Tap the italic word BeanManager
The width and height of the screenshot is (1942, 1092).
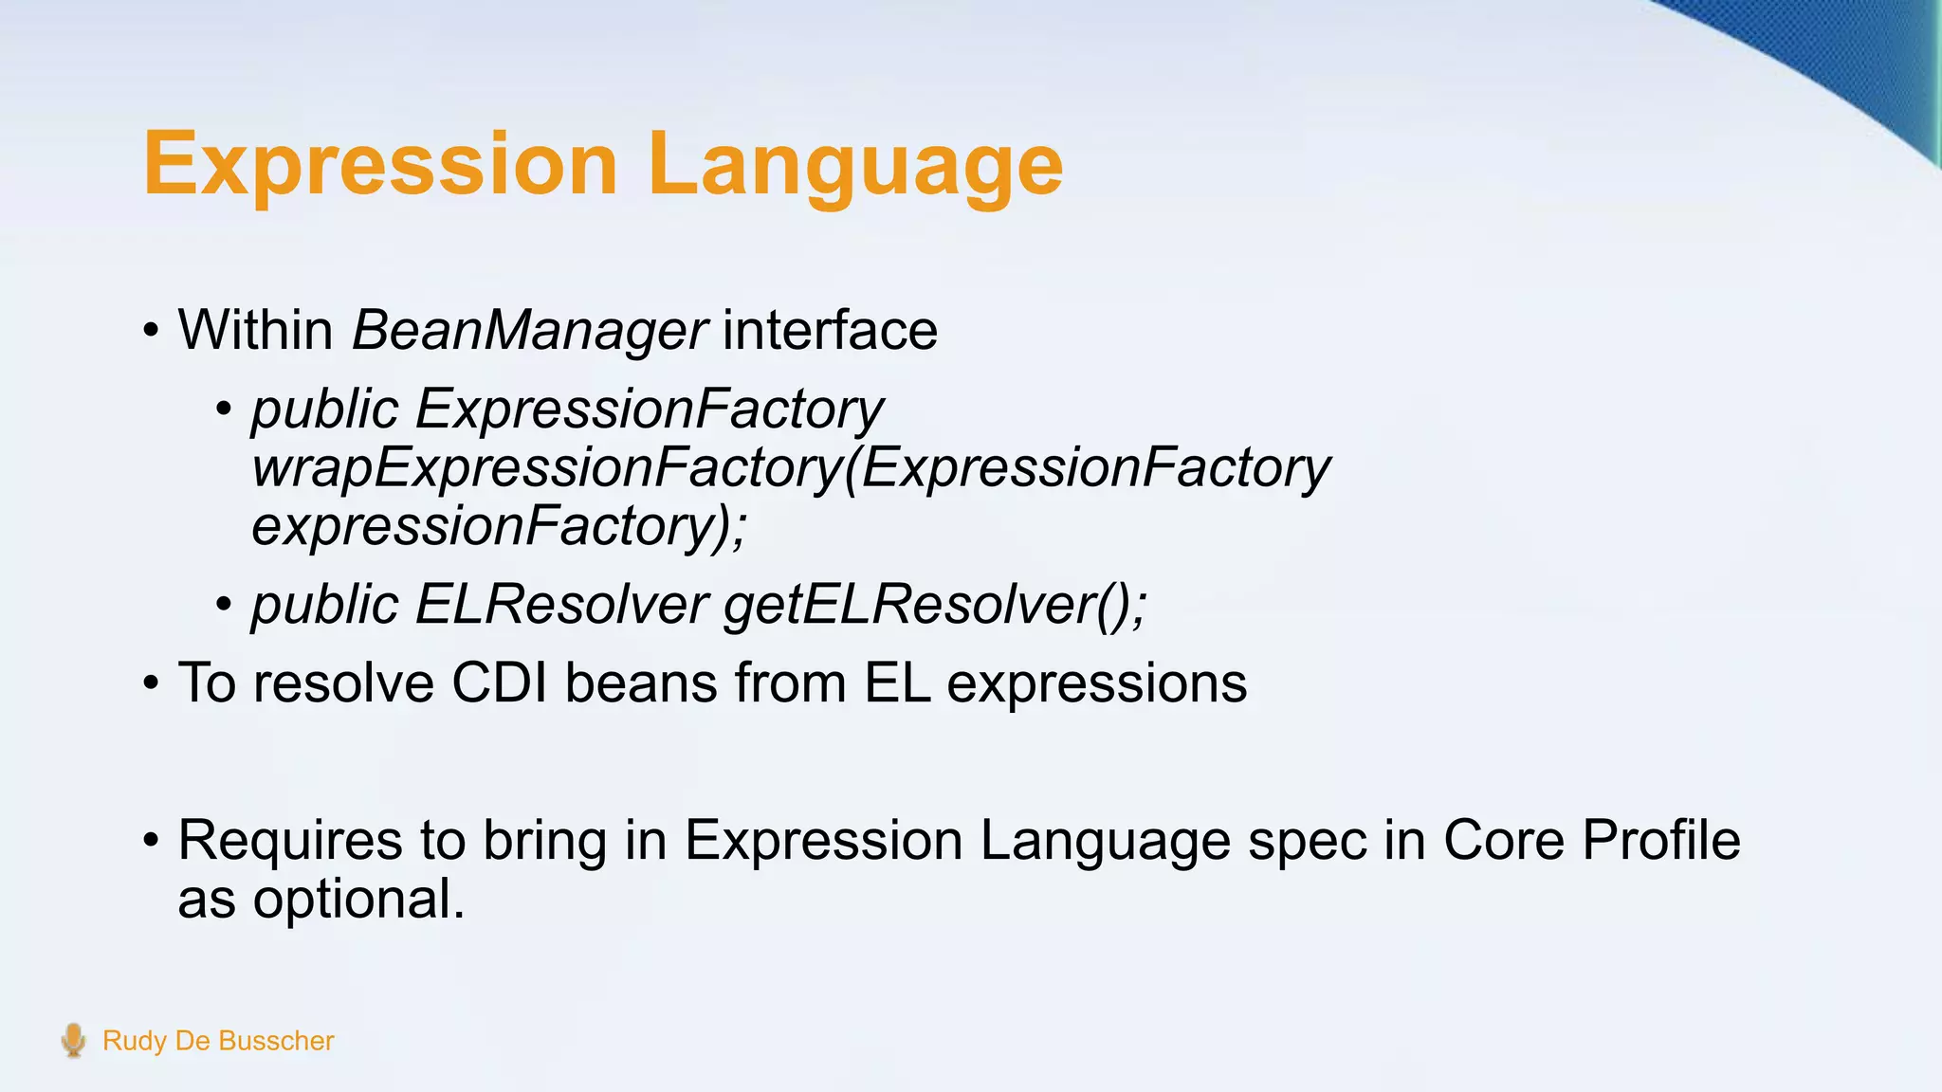pyautogui.click(x=528, y=330)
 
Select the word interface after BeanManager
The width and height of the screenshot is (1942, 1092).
pyautogui.click(x=830, y=330)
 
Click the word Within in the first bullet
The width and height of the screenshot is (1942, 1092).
pyautogui.click(x=255, y=330)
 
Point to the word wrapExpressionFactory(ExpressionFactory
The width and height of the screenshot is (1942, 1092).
pyautogui.click(x=791, y=468)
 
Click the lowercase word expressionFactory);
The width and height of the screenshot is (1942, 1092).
pyautogui.click(x=499, y=526)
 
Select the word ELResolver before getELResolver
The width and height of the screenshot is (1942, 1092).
pyautogui.click(x=561, y=604)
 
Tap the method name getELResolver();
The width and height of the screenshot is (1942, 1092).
pyautogui.click(x=935, y=604)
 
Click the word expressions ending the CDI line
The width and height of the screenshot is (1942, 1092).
pyautogui.click(x=1096, y=682)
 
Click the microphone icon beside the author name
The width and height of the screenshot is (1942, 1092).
pyautogui.click(x=73, y=1040)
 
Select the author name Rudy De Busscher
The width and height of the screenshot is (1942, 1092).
pyautogui.click(x=218, y=1041)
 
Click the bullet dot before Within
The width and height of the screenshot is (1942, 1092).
pyautogui.click(x=151, y=332)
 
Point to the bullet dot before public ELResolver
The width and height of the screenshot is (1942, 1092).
pyautogui.click(x=224, y=605)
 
